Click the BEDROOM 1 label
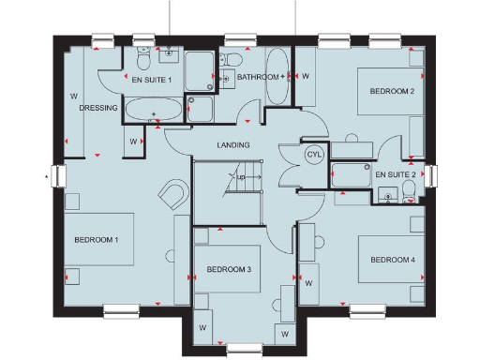(x=97, y=241)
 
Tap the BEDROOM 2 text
(x=392, y=91)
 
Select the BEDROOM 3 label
(x=230, y=270)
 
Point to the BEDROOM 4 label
(x=392, y=260)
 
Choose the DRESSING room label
(x=97, y=108)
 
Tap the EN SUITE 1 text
(x=150, y=81)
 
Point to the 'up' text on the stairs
(x=241, y=177)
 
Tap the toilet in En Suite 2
(x=410, y=195)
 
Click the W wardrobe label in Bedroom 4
(x=308, y=280)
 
